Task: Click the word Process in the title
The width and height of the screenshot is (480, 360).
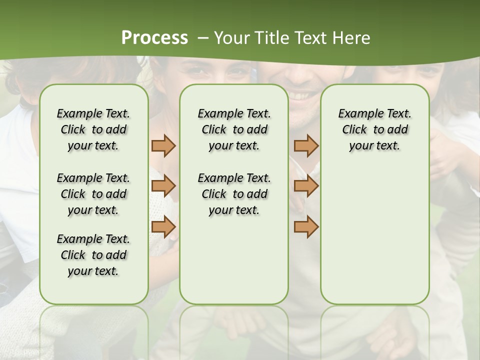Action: pos(154,38)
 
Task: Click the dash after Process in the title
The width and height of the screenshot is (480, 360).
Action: pos(202,38)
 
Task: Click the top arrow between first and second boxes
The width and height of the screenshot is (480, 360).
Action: pos(163,145)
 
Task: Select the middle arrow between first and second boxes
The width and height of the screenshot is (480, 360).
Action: pos(163,186)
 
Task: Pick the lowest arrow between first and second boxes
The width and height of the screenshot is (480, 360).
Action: pos(163,226)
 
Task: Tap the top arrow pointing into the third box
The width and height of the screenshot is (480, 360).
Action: pos(306,145)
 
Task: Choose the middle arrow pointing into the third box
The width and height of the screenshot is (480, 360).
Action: pos(306,186)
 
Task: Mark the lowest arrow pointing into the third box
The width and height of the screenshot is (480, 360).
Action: pos(306,226)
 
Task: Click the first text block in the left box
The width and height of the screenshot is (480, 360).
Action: pos(93,129)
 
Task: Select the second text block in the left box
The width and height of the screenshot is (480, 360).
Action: pos(93,194)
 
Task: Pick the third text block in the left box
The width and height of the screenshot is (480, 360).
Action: pos(93,255)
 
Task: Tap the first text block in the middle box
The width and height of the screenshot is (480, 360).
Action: pos(234,129)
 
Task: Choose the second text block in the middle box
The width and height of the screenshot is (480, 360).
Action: pos(234,194)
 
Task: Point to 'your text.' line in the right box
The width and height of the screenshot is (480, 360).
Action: pos(374,146)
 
